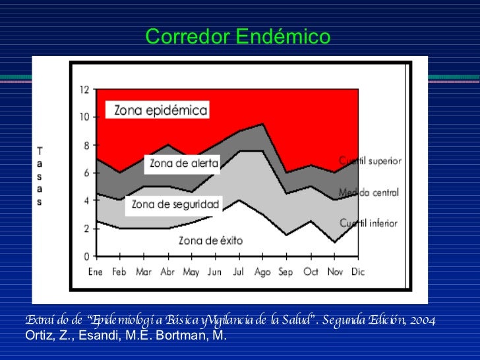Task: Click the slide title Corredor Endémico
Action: (237, 37)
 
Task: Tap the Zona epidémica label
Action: (161, 110)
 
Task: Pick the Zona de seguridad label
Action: (175, 204)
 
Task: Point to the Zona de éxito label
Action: (210, 240)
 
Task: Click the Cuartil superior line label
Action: (371, 161)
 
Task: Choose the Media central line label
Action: (369, 193)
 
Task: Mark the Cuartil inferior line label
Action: (369, 223)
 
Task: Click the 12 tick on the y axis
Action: (84, 90)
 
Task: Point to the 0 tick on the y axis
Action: (86, 256)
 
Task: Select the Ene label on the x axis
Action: (96, 271)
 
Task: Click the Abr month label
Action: (167, 271)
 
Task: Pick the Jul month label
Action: (239, 271)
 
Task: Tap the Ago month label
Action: (263, 271)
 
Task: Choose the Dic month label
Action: (358, 271)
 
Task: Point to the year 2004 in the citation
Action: (421, 320)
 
